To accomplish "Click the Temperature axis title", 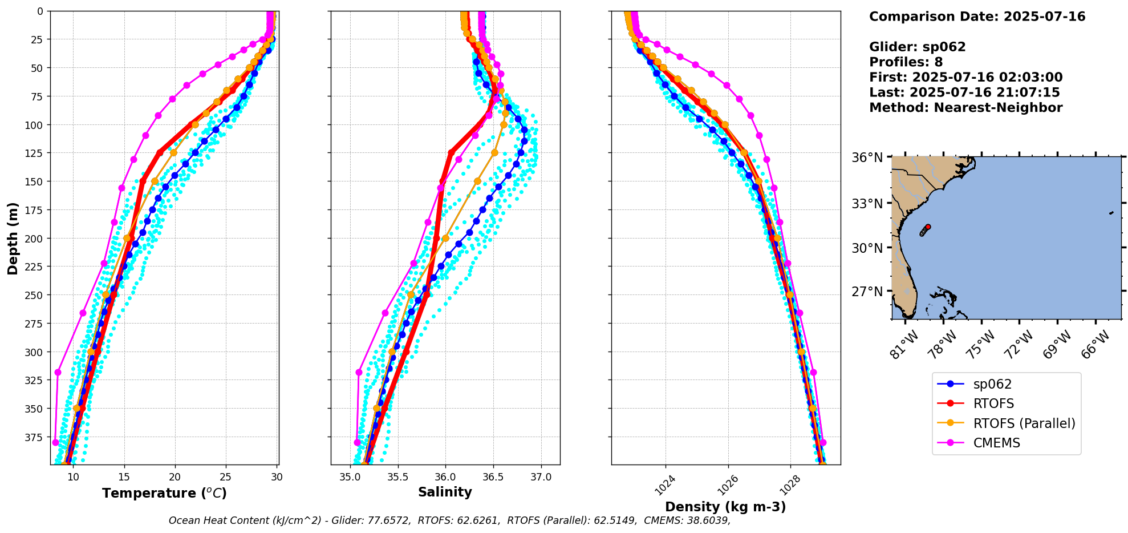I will (164, 493).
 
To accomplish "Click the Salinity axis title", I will (445, 492).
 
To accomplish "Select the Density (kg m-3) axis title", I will (725, 507).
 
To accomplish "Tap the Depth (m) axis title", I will (13, 238).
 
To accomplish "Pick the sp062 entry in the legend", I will (992, 385).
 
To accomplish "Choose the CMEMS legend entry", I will (996, 443).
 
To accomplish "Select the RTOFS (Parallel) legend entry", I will (1024, 423).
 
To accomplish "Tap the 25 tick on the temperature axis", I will (226, 477).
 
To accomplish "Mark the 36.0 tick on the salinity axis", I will (445, 477).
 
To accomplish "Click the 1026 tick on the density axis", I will (727, 486).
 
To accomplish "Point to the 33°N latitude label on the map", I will (867, 204).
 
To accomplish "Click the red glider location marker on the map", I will (928, 227).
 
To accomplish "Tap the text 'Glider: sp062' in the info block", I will (917, 47).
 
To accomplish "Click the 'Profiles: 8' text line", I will (906, 62).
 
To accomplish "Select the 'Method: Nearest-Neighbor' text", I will (965, 108).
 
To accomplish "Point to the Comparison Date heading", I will (977, 17).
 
